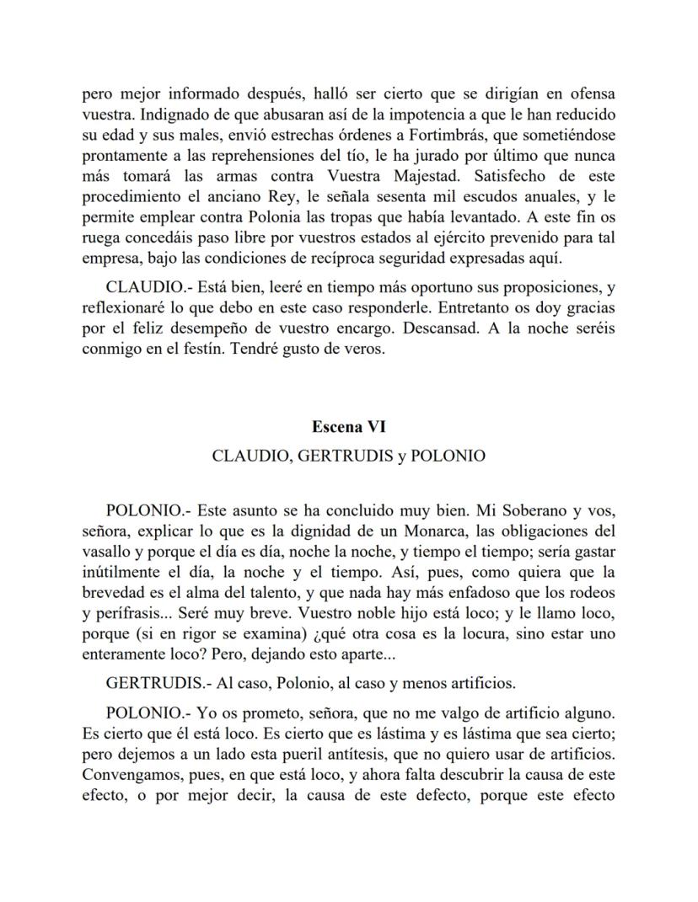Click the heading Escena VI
(348, 427)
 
